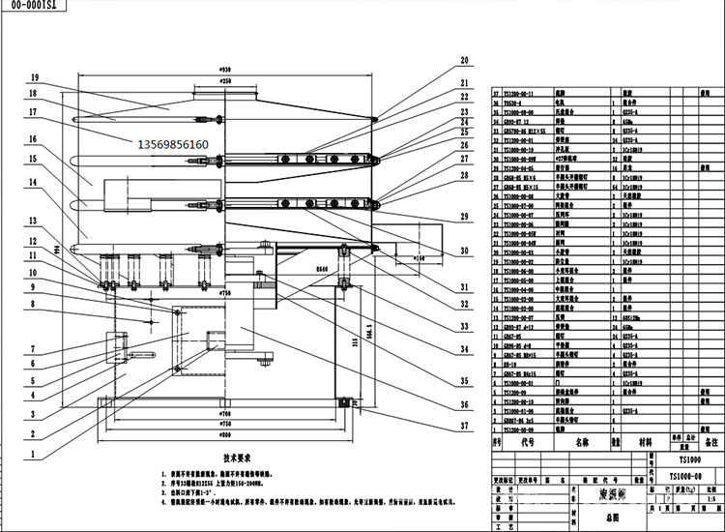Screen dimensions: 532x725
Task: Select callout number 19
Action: tap(33, 77)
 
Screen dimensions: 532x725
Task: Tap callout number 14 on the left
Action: tap(33, 181)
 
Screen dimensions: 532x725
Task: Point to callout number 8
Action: tap(33, 304)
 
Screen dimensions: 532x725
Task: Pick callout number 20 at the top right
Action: tap(464, 60)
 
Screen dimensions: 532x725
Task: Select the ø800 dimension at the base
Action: tap(225, 437)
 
